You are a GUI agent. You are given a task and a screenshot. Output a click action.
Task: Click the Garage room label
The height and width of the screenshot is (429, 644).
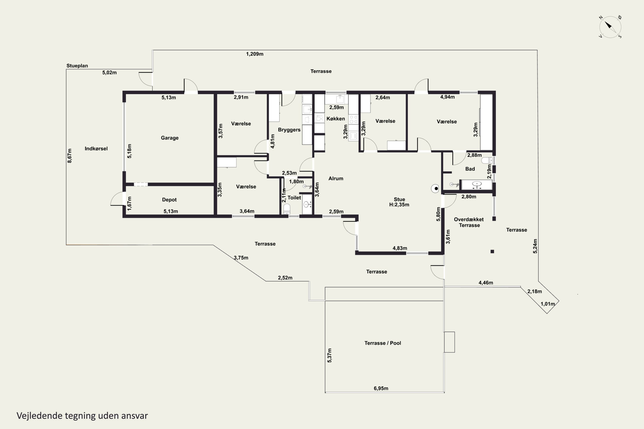(170, 138)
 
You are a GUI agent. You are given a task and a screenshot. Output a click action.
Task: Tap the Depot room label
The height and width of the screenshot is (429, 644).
(169, 200)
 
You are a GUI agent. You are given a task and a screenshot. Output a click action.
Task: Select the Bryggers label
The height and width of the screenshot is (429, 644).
(289, 130)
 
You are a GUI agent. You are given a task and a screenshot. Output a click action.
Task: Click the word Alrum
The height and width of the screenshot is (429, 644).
(336, 178)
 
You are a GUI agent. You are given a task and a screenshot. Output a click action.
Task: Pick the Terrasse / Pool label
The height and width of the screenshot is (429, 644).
(383, 343)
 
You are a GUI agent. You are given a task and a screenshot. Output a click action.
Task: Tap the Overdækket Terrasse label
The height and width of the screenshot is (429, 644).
(469, 222)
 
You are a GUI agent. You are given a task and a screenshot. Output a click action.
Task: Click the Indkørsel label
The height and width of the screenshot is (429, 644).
(96, 149)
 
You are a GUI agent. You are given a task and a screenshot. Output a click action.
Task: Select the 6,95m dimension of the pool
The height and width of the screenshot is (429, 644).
(381, 388)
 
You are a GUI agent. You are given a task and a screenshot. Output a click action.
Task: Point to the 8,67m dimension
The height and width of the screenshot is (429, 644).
(70, 156)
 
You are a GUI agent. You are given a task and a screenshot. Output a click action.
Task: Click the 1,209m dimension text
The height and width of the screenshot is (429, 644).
(255, 54)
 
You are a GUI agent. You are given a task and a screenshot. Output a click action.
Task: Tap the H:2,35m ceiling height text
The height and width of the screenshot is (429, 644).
(399, 205)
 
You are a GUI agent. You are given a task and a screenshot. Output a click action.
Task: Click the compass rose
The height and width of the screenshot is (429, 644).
(610, 27)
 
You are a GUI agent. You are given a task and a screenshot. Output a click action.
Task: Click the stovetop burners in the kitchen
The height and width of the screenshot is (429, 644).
(354, 119)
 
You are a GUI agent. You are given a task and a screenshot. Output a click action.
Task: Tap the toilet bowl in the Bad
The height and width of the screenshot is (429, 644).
(487, 160)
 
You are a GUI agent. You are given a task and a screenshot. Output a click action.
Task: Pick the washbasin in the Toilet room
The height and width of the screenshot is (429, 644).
(307, 204)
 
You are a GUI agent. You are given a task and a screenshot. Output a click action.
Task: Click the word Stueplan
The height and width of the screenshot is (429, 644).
(77, 66)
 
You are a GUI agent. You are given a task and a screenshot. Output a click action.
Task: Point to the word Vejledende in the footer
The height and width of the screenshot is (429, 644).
(39, 416)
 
